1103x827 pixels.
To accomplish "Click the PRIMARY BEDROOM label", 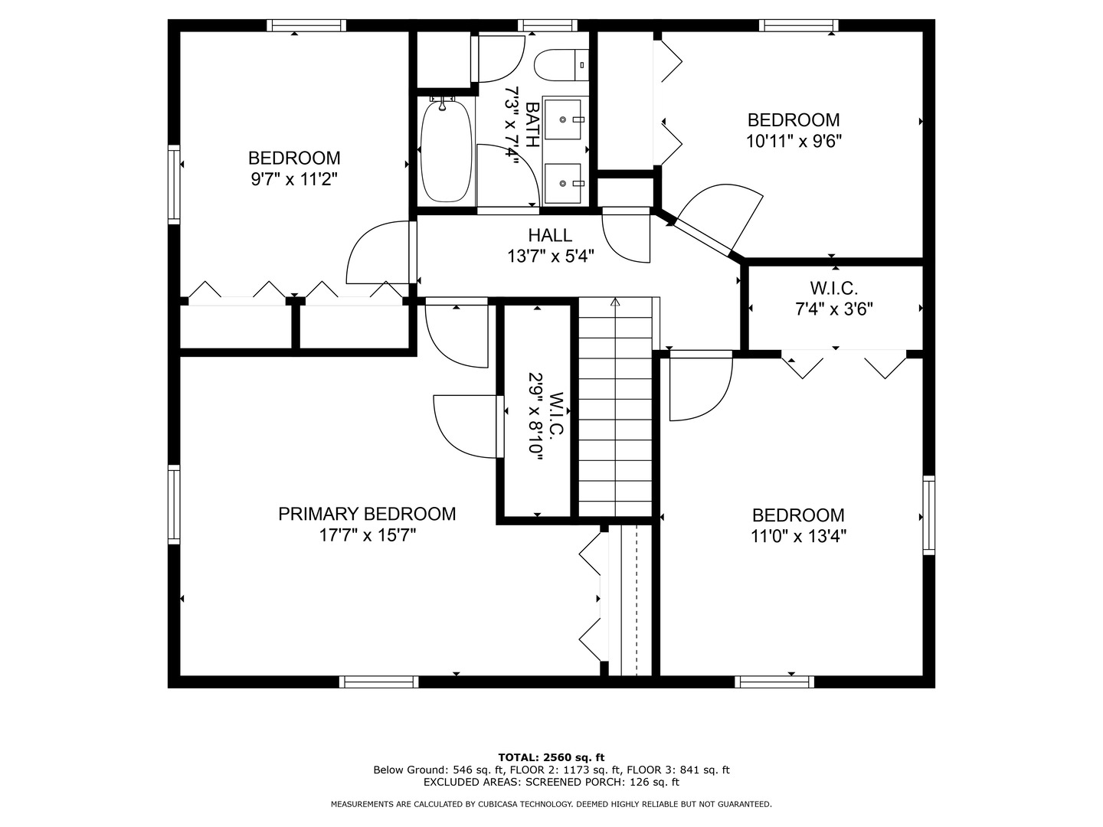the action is tap(367, 514).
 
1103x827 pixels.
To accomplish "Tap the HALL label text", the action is tap(550, 235).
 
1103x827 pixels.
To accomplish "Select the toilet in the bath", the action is tap(561, 65).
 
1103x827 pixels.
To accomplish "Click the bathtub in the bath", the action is tap(447, 151).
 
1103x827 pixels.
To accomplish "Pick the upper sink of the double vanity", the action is tap(563, 119).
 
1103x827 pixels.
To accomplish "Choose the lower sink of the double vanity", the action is tap(563, 184).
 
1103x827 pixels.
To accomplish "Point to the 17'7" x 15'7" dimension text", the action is tap(368, 536).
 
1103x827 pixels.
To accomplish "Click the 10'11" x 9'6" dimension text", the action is tap(794, 142).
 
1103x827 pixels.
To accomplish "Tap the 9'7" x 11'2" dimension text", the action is tap(294, 179).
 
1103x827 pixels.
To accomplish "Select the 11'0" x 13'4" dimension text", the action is tap(798, 537).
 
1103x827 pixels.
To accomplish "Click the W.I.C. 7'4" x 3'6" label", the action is tap(833, 299).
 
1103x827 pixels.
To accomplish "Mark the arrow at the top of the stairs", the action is tap(615, 302).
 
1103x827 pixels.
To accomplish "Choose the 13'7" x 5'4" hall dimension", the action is tap(550, 257).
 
